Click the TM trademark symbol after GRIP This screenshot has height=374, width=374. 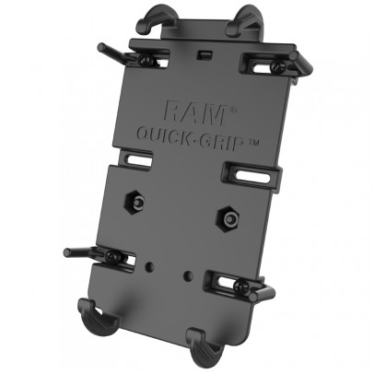point(253,143)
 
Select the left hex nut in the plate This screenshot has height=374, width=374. point(134,202)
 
